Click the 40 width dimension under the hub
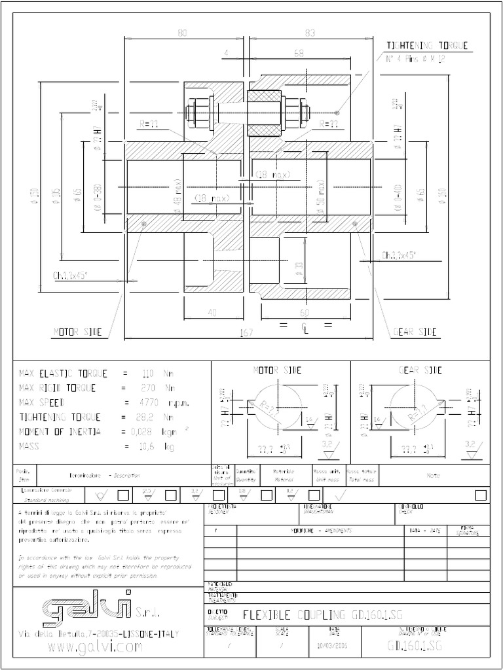tap(212, 313)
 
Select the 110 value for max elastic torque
tap(148, 374)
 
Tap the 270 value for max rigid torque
tap(148, 388)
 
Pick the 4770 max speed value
tap(151, 402)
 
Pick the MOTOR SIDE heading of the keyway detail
tap(278, 370)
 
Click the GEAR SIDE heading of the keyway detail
tap(420, 370)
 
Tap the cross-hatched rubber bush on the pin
tap(264, 113)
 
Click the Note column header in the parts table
tap(433, 476)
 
